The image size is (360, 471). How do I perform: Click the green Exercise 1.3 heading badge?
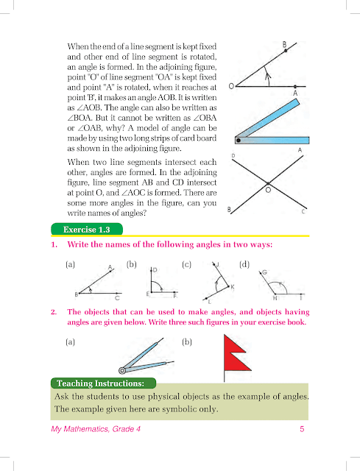(87, 229)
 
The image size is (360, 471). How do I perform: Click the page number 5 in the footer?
(302, 429)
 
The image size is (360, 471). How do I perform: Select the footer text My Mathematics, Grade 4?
(96, 429)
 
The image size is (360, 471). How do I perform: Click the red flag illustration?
(236, 358)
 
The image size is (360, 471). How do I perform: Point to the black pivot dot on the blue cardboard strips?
(239, 140)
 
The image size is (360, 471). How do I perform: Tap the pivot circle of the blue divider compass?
(122, 371)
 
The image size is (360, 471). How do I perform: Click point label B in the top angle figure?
(284, 45)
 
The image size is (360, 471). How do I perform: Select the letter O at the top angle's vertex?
(231, 86)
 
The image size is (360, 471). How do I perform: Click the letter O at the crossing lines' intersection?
(268, 190)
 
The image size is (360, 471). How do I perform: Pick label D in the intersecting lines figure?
(233, 155)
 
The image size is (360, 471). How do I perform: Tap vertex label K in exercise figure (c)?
(233, 287)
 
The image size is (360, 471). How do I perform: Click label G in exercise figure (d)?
(264, 272)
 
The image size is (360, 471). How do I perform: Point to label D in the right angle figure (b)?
(155, 270)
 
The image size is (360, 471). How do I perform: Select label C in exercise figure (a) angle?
(117, 298)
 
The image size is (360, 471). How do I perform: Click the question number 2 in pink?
(54, 312)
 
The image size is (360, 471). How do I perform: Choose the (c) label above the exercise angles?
(186, 264)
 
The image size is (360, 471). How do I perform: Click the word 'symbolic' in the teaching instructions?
(179, 409)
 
